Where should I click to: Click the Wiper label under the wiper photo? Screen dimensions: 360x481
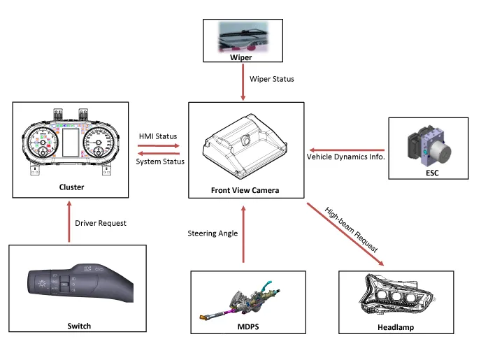pos(241,57)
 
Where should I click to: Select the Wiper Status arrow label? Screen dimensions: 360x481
pos(273,79)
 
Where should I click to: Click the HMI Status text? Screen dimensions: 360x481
pos(158,136)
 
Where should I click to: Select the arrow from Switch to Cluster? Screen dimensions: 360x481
pos(69,222)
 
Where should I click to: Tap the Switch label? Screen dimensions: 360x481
pos(78,326)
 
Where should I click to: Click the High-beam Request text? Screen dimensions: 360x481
pos(351,230)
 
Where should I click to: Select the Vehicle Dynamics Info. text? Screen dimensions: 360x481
pos(346,157)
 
